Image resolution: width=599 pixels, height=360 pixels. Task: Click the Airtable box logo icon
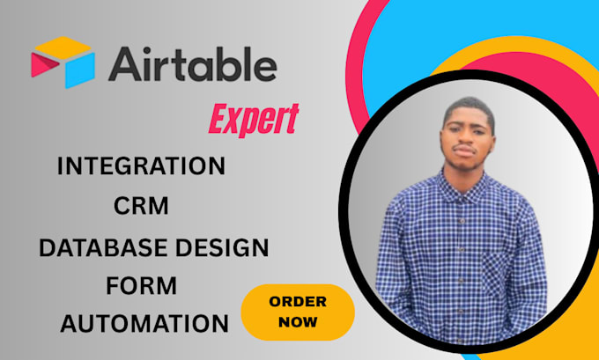pyautogui.click(x=62, y=62)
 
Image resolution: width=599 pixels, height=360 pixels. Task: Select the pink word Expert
pyautogui.click(x=253, y=120)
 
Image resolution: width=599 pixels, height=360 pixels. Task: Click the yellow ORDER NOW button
pyautogui.click(x=297, y=312)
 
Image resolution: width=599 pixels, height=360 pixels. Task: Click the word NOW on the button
pyautogui.click(x=297, y=322)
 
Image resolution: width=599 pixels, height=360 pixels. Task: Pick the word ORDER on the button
pyautogui.click(x=297, y=302)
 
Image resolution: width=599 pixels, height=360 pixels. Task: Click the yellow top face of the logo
pyautogui.click(x=63, y=48)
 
